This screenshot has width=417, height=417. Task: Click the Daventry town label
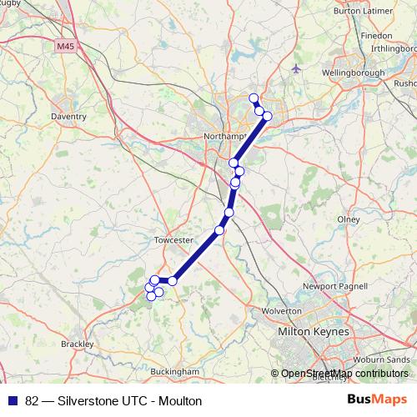(x=68, y=117)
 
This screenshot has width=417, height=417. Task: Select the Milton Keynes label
(x=315, y=332)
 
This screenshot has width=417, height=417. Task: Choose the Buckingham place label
(x=173, y=371)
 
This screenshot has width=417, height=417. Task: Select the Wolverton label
(x=281, y=310)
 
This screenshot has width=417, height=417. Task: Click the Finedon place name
(x=376, y=37)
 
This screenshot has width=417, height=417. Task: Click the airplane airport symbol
(x=297, y=68)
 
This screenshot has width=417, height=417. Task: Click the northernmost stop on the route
(x=254, y=98)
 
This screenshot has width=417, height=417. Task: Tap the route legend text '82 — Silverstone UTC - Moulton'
(x=113, y=401)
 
